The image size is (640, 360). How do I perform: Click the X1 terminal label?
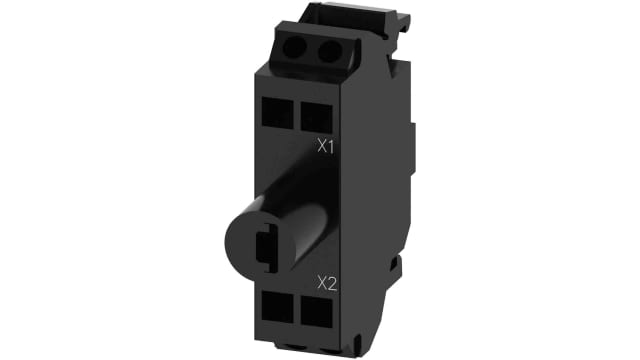(x=324, y=146)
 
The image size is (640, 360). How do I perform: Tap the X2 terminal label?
(x=324, y=283)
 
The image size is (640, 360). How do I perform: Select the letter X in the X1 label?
(x=319, y=146)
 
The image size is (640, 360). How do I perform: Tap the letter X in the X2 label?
(x=319, y=283)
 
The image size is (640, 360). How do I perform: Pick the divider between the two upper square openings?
(x=299, y=115)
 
